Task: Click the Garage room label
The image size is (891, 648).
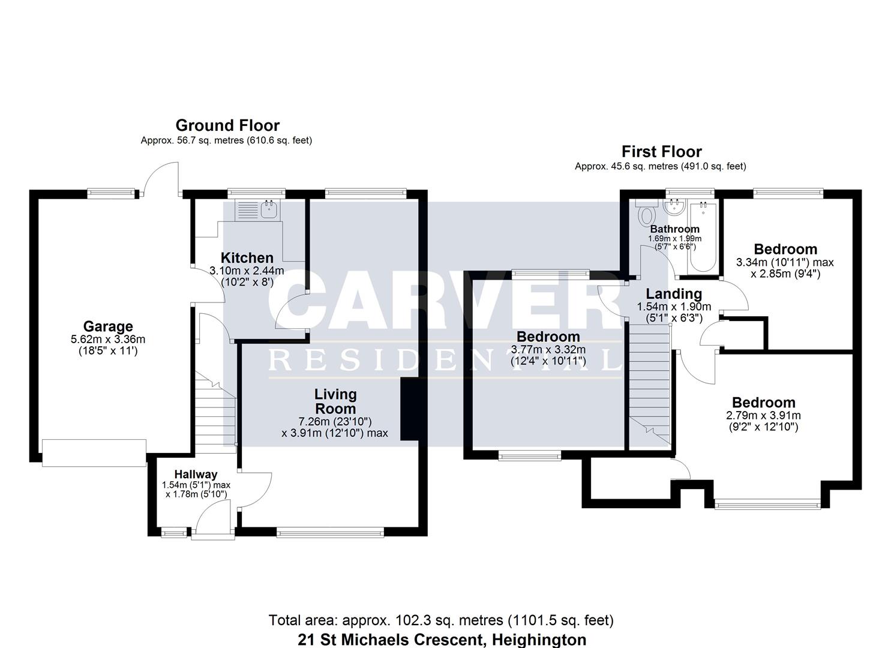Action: tap(108, 327)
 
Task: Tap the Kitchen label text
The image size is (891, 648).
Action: tap(247, 258)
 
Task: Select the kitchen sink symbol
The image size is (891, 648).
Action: tap(269, 209)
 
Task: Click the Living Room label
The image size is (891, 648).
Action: tap(335, 401)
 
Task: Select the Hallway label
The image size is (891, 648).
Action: tap(196, 475)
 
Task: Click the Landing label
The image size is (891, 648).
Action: tap(674, 294)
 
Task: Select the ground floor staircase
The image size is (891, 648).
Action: tap(214, 414)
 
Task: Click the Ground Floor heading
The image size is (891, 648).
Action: tap(227, 125)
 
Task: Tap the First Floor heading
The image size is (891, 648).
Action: tap(661, 151)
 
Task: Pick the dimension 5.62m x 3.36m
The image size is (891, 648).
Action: tap(108, 340)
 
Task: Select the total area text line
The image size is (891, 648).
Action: tap(441, 620)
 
